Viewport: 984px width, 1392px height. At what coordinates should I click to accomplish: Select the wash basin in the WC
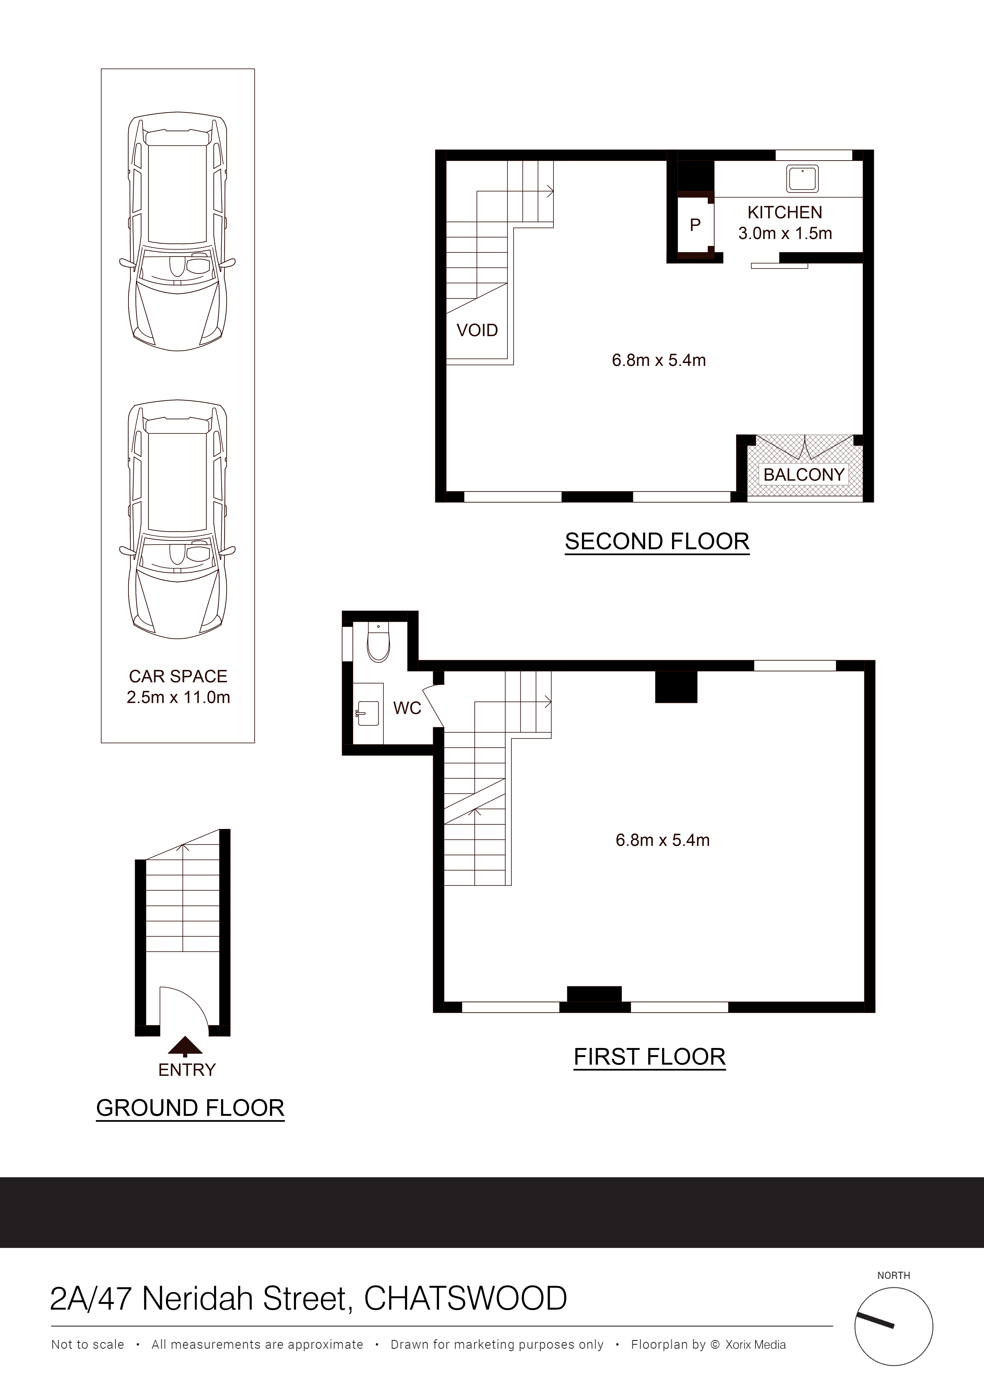[368, 713]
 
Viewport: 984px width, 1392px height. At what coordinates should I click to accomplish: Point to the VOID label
[477, 330]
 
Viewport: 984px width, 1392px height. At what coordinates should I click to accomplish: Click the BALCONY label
[804, 475]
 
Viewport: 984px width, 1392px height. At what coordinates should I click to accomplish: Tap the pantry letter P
[695, 225]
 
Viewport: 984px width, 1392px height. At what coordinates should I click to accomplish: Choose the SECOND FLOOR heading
[657, 541]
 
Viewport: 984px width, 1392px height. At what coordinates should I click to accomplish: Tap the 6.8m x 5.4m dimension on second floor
[659, 360]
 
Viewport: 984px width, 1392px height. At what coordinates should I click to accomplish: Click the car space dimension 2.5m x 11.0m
[178, 697]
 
